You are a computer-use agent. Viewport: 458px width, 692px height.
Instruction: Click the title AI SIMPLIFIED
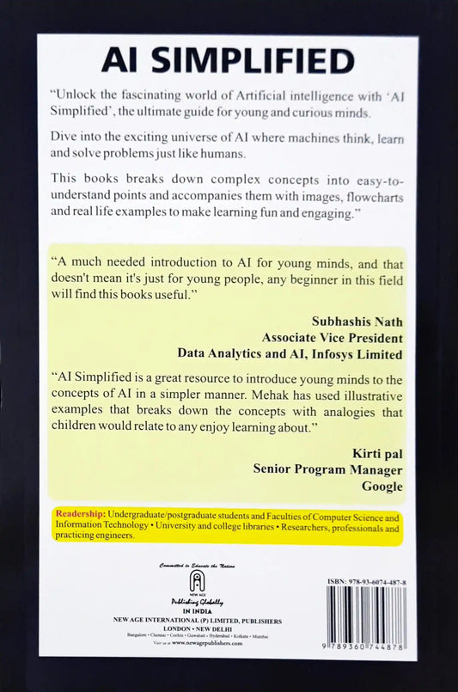point(228,61)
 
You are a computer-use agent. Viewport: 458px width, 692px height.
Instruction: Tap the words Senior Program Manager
point(327,469)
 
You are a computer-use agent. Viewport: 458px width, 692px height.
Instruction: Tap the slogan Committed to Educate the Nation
point(197,566)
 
